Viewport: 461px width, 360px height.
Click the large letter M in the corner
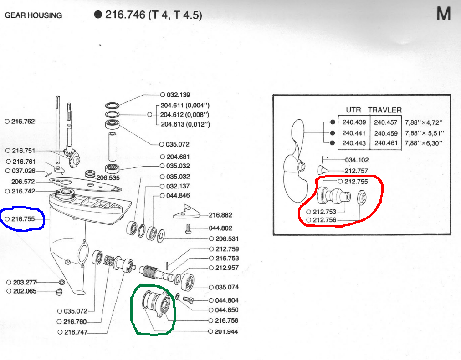(x=444, y=14)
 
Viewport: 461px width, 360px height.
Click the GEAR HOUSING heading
(x=33, y=15)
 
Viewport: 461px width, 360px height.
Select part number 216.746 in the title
(x=125, y=15)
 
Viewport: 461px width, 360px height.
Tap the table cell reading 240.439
(x=354, y=122)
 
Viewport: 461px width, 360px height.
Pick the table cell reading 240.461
(x=386, y=143)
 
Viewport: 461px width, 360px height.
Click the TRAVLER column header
(x=384, y=110)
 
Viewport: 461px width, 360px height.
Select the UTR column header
(x=353, y=110)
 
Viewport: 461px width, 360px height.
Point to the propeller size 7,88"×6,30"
(x=423, y=143)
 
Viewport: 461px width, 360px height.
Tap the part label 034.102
(x=357, y=160)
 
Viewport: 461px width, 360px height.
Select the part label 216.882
(x=220, y=215)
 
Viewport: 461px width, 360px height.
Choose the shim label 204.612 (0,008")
(x=184, y=115)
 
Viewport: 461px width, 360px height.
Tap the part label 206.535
(x=108, y=177)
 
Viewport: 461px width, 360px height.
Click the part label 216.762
(x=23, y=121)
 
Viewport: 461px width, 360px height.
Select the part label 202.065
(x=25, y=291)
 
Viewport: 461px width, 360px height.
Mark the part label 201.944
(x=226, y=331)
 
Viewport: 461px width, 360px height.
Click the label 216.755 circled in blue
(x=23, y=219)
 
